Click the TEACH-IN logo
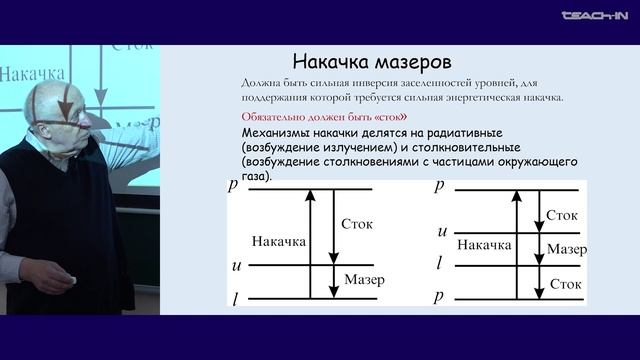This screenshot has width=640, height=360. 597,16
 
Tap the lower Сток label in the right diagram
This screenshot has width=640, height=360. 565,285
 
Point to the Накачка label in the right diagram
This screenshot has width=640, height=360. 485,244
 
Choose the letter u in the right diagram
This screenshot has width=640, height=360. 441,233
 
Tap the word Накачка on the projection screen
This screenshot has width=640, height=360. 33,74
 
